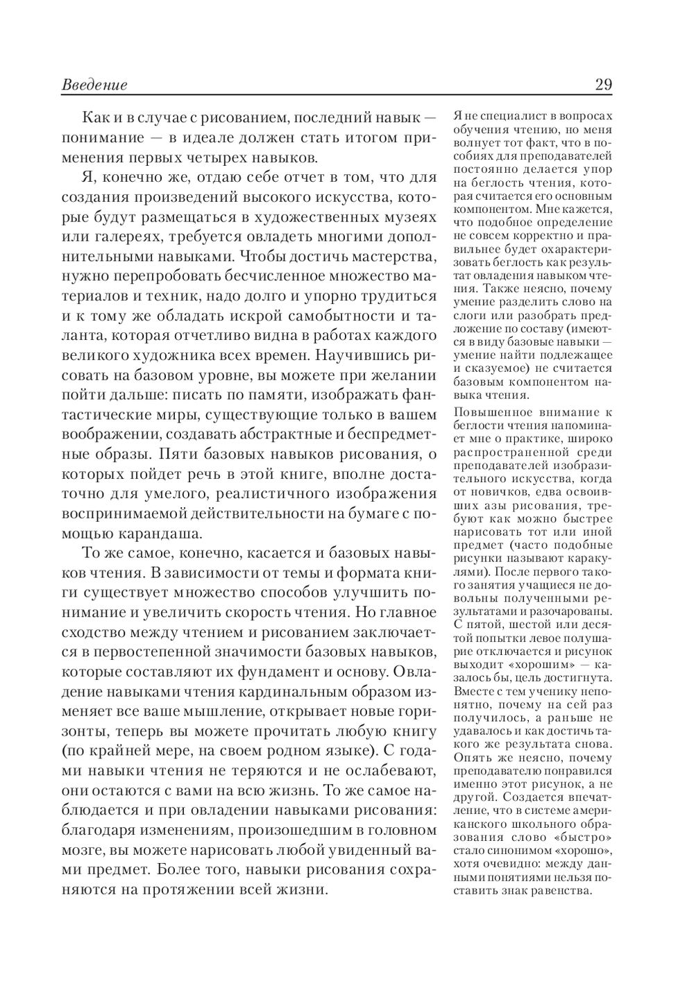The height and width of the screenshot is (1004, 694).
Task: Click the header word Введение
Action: click(94, 85)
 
